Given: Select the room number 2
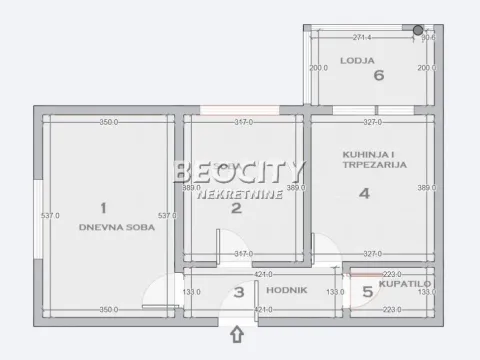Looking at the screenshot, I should pyautogui.click(x=236, y=208).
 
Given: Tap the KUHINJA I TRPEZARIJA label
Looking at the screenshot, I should pyautogui.click(x=373, y=158).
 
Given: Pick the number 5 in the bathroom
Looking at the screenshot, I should pyautogui.click(x=367, y=292).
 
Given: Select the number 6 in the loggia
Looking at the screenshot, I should pyautogui.click(x=378, y=74).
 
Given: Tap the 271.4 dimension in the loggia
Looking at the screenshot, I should pyautogui.click(x=361, y=38).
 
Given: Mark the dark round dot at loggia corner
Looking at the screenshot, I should pyautogui.click(x=418, y=30).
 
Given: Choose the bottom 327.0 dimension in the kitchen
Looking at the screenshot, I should pyautogui.click(x=372, y=254).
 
